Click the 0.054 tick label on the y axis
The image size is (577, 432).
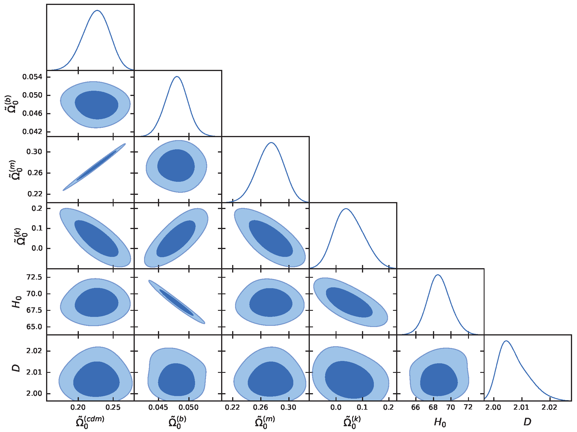click(32, 77)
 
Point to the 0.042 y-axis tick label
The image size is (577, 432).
click(32, 132)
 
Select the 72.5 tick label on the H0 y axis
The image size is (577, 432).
click(34, 277)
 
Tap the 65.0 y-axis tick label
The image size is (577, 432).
click(34, 327)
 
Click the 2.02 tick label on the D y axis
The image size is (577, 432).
click(34, 351)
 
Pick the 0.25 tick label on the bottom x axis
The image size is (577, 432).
click(113, 407)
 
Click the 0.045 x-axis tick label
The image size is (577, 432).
click(158, 407)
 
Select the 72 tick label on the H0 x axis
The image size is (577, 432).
click(468, 407)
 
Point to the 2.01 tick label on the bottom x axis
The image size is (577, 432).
click(521, 407)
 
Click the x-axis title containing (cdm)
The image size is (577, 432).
click(90, 422)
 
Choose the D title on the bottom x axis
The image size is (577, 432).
click(527, 422)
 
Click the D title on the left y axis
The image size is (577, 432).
click(17, 368)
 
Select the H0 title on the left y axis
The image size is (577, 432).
click(17, 302)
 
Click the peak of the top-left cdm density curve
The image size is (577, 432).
click(97, 10)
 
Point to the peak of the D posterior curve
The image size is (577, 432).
click(506, 341)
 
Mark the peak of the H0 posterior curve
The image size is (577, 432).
click(438, 275)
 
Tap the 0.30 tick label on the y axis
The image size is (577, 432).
click(34, 152)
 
